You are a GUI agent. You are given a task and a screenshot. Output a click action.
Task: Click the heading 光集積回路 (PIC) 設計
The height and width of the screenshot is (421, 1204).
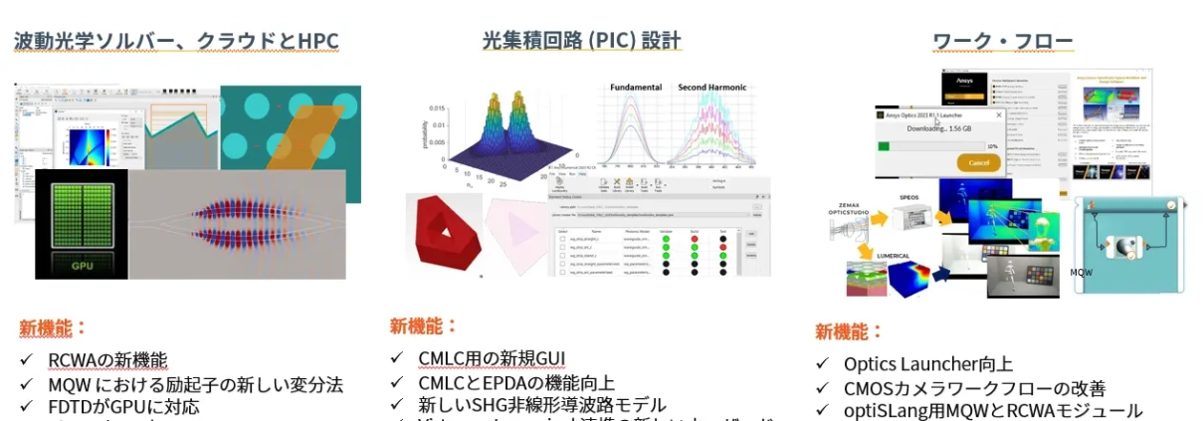point(581,41)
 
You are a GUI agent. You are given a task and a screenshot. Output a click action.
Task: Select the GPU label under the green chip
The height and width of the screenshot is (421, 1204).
point(82,266)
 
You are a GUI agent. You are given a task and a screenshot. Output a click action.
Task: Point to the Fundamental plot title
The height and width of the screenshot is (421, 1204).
point(636,88)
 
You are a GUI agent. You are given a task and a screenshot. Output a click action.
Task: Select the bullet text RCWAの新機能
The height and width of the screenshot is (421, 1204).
point(107,361)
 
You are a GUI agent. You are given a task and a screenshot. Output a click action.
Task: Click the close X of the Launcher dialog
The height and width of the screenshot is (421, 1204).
point(999,114)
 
